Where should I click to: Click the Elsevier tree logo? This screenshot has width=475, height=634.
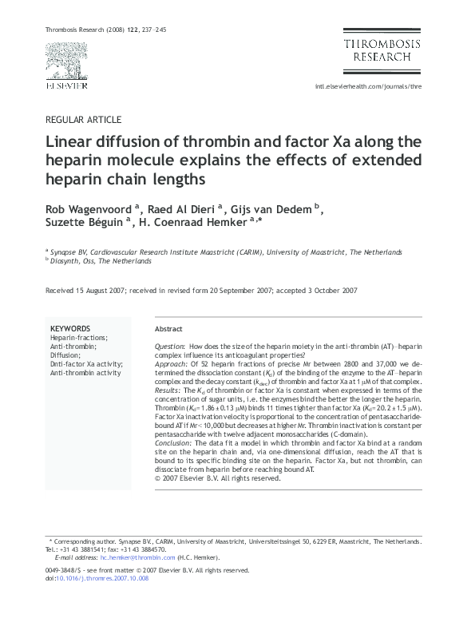click(65, 60)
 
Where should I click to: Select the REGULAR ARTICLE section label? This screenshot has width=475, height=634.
click(85, 120)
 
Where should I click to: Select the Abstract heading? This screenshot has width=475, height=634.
click(168, 329)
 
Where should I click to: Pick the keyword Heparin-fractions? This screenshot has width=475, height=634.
click(78, 338)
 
